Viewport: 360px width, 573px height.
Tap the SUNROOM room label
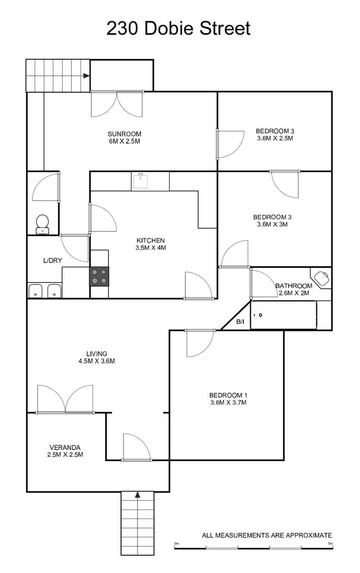[x=124, y=134]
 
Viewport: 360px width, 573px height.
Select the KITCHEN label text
[x=150, y=241]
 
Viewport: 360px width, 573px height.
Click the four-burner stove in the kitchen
[x=99, y=276]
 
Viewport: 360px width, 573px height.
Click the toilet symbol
[x=42, y=224]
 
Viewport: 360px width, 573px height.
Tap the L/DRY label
[x=53, y=260]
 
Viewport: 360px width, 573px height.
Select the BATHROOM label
[x=294, y=286]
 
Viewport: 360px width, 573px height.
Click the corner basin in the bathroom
[x=321, y=278]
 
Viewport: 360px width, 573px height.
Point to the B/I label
[x=240, y=322]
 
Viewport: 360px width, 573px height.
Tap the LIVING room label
[x=97, y=354]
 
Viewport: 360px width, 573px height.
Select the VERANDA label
[x=65, y=447]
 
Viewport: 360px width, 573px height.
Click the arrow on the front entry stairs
[x=138, y=495]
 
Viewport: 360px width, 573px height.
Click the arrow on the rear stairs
[x=86, y=76]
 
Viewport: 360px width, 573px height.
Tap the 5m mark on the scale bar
[x=330, y=543]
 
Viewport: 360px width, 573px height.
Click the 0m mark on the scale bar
[x=177, y=543]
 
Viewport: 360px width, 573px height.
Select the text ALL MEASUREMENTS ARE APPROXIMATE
[x=267, y=535]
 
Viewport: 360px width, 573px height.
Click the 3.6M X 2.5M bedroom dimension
[x=275, y=138]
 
